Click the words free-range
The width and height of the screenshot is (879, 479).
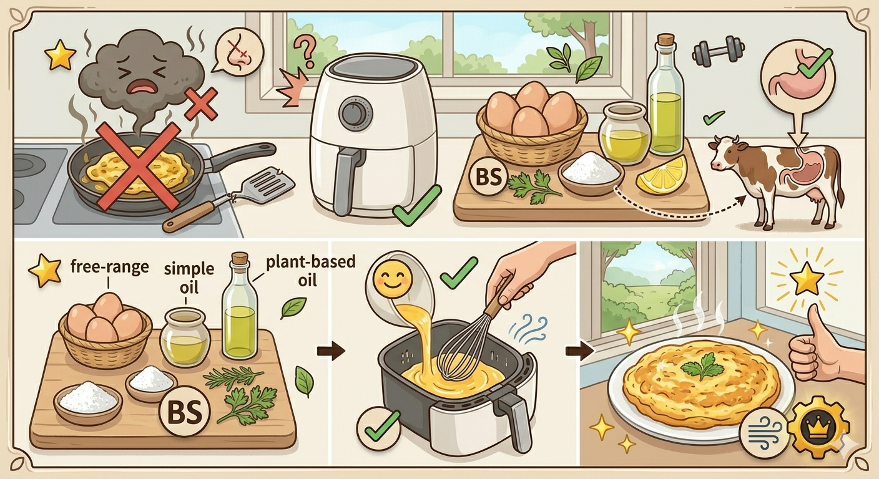(109, 267)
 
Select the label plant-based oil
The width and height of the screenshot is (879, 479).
(310, 271)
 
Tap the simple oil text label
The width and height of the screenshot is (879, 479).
(189, 278)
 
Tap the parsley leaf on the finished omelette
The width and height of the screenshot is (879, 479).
(703, 367)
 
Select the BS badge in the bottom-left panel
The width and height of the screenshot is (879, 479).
(185, 411)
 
